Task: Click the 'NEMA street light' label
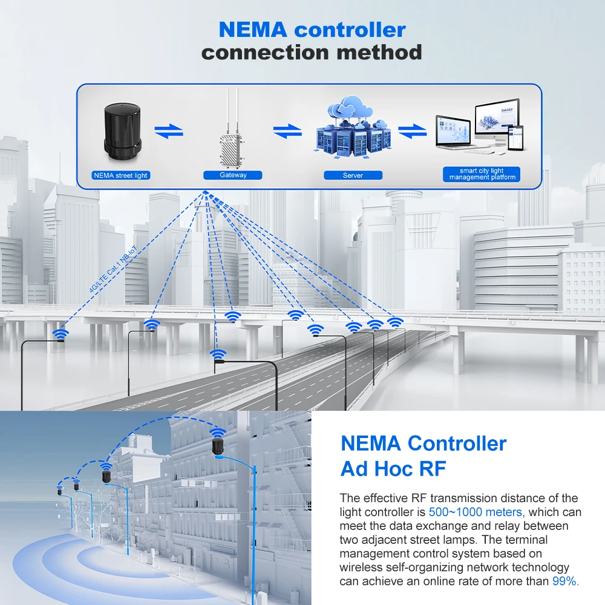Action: coord(121,175)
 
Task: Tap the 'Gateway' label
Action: coord(234,175)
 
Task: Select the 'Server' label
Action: coord(353,175)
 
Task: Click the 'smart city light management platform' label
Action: coord(482,174)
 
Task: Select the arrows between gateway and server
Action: coord(287,131)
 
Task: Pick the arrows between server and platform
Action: coord(412,131)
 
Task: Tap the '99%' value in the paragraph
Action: coord(565,581)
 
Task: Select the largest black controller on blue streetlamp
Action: coord(218,448)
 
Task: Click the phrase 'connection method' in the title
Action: coord(312,52)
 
